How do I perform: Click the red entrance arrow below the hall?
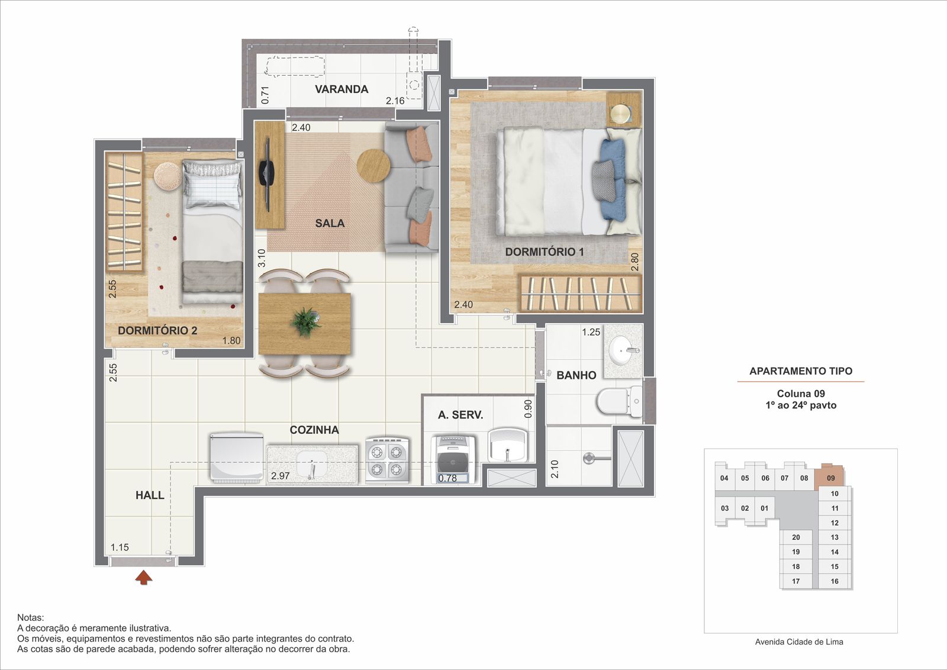(x=144, y=578)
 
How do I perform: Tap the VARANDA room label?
(x=342, y=89)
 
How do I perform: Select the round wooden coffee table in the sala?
(x=373, y=166)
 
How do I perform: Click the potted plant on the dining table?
(x=304, y=322)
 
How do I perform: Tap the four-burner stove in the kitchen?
(x=387, y=460)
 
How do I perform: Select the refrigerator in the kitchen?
(x=237, y=458)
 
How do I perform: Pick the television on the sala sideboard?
(x=267, y=174)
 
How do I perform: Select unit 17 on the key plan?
(x=795, y=581)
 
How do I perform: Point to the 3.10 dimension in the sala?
(x=262, y=258)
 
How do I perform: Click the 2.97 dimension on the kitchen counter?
(x=281, y=475)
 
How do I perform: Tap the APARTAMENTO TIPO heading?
(x=801, y=371)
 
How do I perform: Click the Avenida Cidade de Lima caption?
(x=799, y=642)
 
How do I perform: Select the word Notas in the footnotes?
(x=30, y=617)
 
